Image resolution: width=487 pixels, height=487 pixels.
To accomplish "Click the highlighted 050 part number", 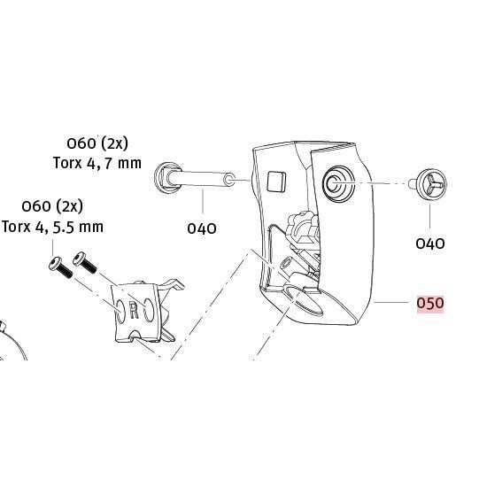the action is (x=430, y=303).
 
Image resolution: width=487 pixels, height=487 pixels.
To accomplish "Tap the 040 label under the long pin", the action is (x=202, y=229).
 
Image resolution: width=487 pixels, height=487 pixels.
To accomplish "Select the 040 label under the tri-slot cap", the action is (x=430, y=243).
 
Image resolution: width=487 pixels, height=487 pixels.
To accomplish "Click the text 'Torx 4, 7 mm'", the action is (x=97, y=164).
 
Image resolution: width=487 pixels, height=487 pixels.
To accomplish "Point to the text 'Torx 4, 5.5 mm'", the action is (x=52, y=227).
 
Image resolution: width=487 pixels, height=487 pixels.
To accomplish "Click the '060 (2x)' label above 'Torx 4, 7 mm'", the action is (x=97, y=143).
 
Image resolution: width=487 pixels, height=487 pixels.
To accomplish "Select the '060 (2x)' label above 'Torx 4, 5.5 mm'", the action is (x=52, y=206).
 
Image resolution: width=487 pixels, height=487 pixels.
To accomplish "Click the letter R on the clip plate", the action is (x=134, y=311).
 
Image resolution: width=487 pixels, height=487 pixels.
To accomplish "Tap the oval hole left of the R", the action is (x=120, y=312).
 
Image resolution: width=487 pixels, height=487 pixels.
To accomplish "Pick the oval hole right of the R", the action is (x=149, y=310).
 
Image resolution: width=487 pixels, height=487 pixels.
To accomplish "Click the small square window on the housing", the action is (x=276, y=181).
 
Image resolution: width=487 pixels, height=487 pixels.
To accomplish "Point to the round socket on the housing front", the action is (x=338, y=183).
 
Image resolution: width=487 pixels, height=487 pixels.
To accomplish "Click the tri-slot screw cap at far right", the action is (x=432, y=184).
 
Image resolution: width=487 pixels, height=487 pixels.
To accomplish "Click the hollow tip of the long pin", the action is (x=229, y=180).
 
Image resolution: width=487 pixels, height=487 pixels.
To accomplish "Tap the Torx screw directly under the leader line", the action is (x=61, y=267).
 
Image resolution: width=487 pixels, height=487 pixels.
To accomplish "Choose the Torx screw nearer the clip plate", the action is (x=85, y=263).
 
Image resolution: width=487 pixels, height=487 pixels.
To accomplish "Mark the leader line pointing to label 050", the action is (x=391, y=302).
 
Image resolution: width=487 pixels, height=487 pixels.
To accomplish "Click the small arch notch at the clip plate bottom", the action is (x=135, y=334).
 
